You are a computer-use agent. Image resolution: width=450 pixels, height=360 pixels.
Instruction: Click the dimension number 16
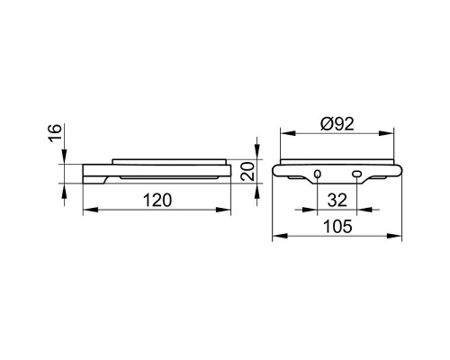tap(56, 133)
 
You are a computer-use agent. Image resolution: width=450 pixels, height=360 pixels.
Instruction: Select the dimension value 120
tap(157, 201)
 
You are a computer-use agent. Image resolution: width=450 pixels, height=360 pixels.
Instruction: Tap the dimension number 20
tap(247, 171)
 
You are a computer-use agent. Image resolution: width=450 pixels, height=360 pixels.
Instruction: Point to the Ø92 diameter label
tap(337, 123)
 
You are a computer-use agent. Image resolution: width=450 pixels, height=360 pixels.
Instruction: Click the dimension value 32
tap(337, 201)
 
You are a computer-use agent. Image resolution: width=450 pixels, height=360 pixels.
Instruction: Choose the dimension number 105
tap(337, 227)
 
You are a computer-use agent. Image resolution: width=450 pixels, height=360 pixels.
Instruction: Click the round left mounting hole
tap(318, 174)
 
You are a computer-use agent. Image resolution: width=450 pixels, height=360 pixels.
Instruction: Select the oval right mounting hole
tap(356, 174)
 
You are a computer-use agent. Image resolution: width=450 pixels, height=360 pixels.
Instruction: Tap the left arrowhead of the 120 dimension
tap(90, 210)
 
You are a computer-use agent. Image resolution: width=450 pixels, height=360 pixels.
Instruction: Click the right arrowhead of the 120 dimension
tap(223, 210)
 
